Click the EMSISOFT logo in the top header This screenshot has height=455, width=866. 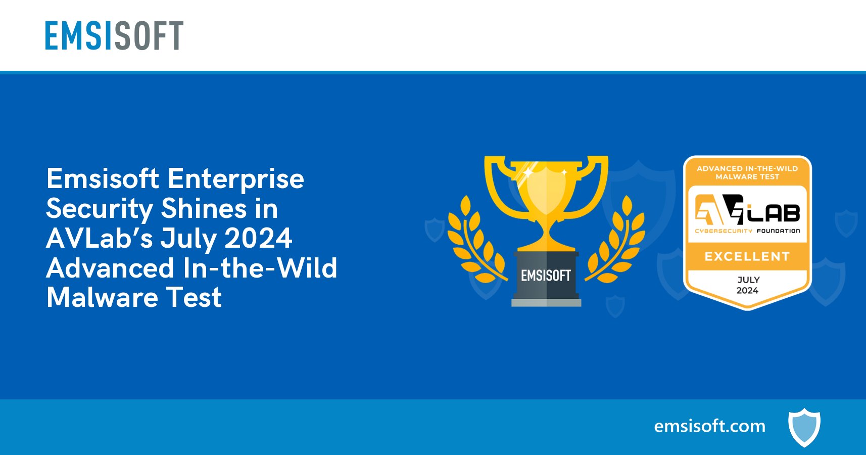[114, 35]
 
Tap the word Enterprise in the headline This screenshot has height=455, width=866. [235, 179]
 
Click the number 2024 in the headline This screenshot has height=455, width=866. [258, 238]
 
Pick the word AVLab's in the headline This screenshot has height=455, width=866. [99, 238]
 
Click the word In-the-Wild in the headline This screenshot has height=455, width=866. [260, 268]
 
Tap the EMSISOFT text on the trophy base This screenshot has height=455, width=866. [546, 276]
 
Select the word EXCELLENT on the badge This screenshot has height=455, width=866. [747, 256]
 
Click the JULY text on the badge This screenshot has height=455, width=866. [748, 280]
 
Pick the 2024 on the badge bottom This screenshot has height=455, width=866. [747, 291]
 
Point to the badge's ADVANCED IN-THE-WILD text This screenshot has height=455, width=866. [747, 168]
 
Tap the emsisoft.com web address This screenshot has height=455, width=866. [709, 426]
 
